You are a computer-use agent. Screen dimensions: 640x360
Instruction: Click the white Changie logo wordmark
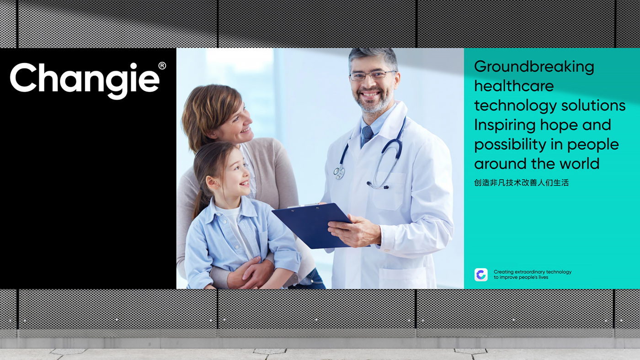coord(85,81)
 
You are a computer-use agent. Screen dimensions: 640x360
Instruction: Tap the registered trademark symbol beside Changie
coord(162,66)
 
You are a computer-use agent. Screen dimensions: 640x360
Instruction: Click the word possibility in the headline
coord(510,145)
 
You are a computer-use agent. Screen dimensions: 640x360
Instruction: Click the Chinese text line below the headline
coord(522,183)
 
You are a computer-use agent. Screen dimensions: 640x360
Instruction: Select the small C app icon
coord(481,275)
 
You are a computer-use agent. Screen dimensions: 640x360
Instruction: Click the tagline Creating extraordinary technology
coord(533,272)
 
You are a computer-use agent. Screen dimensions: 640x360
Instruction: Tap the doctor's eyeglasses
coord(372,75)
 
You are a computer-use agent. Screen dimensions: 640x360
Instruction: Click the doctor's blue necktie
coord(367,136)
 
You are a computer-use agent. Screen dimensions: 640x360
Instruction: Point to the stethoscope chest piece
coord(339,172)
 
